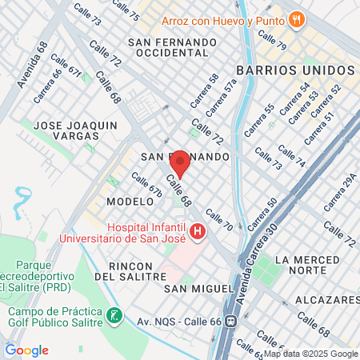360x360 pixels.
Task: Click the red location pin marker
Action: [179, 163]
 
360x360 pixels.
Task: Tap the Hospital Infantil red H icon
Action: [197, 233]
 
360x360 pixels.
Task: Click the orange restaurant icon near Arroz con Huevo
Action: [296, 18]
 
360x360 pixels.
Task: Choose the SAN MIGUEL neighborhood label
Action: [198, 287]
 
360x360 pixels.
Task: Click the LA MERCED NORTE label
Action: [306, 266]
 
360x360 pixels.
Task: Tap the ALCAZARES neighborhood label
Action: [328, 299]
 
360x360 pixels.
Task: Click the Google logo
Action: [26, 350]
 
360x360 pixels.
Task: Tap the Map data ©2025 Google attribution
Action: [311, 354]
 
